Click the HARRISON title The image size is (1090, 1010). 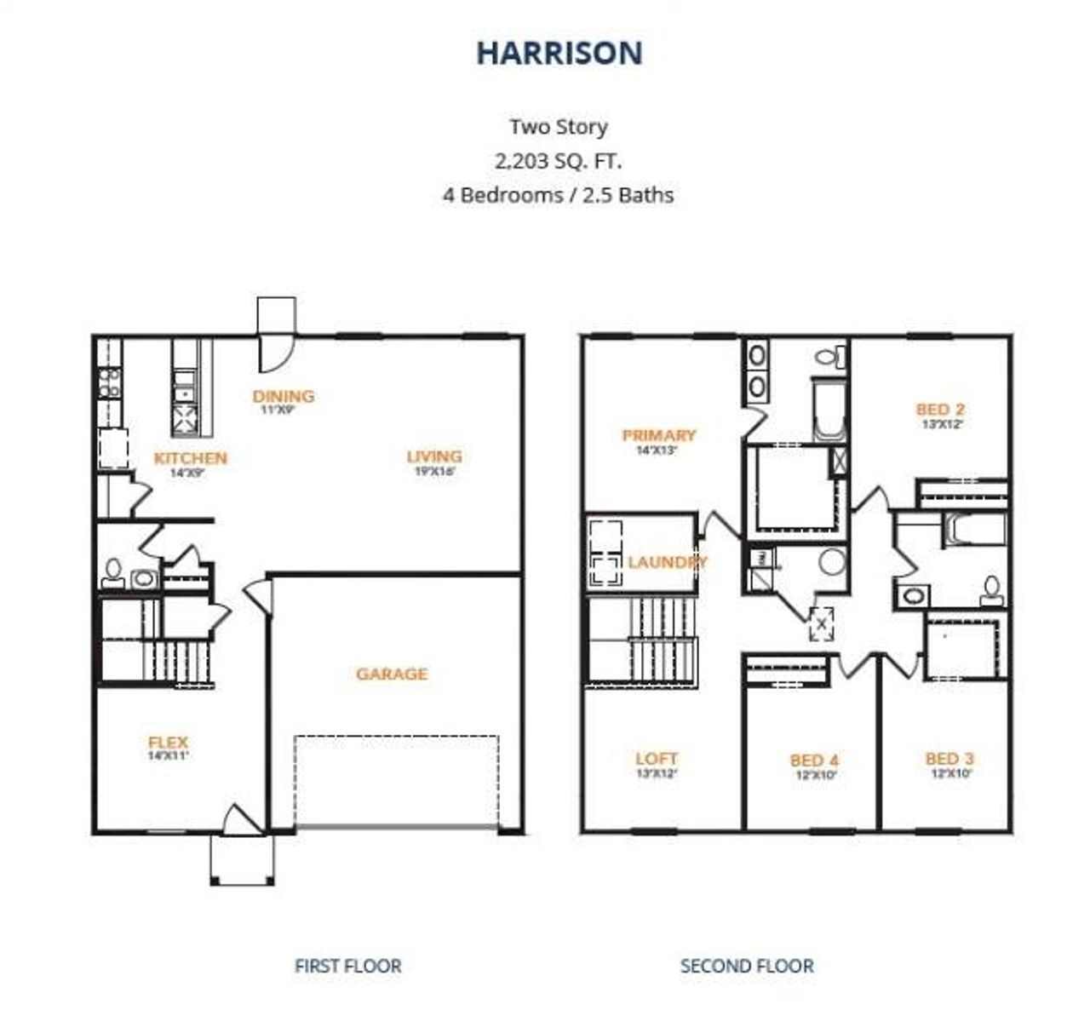[559, 53]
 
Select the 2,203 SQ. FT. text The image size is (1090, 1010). [558, 160]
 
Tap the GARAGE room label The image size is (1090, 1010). [392, 674]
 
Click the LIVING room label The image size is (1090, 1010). [434, 456]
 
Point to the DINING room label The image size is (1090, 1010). [284, 396]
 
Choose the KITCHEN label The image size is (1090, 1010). [190, 458]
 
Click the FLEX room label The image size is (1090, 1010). [168, 742]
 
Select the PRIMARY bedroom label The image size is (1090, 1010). [658, 435]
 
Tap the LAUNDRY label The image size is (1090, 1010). [668, 562]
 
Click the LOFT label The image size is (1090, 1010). [657, 758]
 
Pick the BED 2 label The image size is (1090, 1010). [940, 410]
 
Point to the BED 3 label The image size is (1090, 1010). [949, 759]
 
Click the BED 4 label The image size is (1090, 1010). [814, 760]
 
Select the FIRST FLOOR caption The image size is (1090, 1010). [347, 966]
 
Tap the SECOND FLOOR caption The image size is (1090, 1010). [746, 966]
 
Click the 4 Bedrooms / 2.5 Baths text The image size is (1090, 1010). [558, 195]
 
